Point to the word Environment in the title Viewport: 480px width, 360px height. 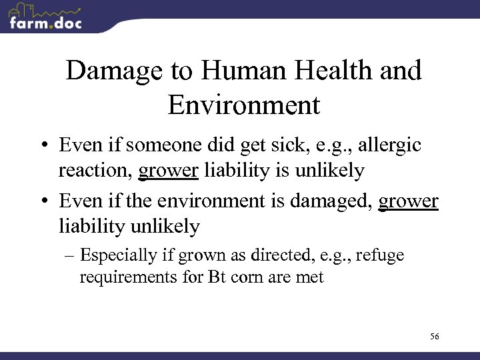tap(244, 105)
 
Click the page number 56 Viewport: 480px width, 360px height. tap(435, 337)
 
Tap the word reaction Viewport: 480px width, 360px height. tap(95, 171)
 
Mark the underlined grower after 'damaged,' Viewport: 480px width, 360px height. tap(408, 201)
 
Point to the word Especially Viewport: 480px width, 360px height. tap(120, 256)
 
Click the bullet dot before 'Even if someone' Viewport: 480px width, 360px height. tap(44, 146)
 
